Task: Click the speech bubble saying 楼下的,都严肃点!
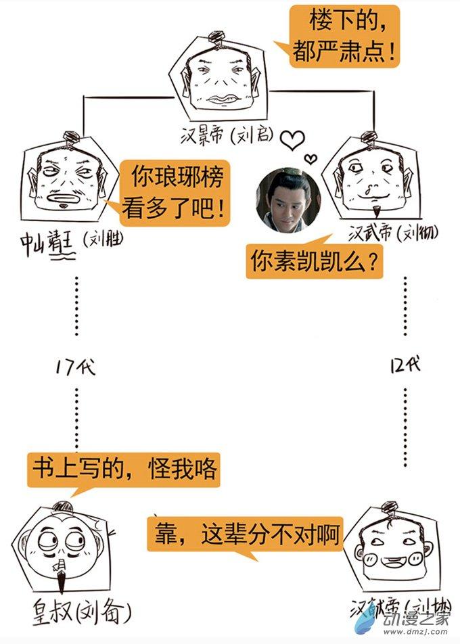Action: coord(344,36)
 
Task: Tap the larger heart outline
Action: coord(292,139)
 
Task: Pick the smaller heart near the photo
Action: coord(310,160)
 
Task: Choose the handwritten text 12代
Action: coord(405,365)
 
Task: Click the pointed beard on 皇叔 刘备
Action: coord(64,578)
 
